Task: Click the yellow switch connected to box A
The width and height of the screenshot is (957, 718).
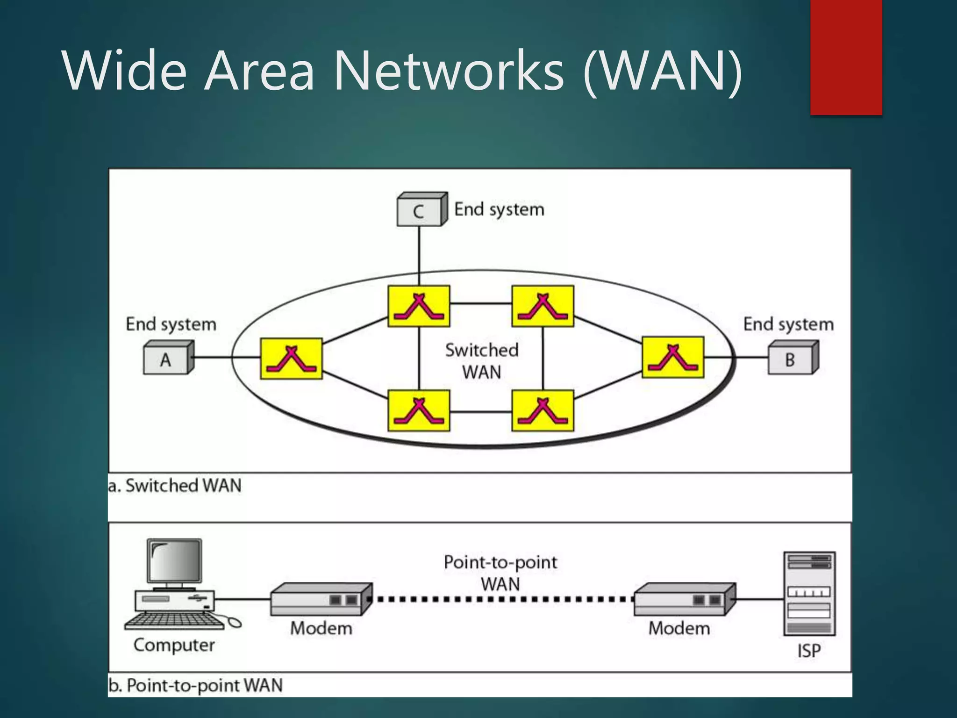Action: coord(291,359)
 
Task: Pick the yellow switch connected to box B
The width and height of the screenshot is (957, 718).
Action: coord(672,357)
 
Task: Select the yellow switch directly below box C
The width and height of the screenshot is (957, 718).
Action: coord(419,306)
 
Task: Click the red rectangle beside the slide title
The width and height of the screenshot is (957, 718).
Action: coord(846,57)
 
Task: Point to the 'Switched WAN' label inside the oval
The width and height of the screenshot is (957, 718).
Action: coord(482,361)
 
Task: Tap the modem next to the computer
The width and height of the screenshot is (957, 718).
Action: coord(321,600)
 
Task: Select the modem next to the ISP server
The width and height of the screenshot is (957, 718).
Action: coord(684,600)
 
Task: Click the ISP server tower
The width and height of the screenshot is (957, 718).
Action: coord(809,594)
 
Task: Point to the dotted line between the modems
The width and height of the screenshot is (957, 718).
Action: coord(502,599)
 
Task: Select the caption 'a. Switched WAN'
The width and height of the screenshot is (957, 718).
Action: coord(175,486)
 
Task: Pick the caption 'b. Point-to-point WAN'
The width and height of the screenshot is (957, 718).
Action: coord(195,685)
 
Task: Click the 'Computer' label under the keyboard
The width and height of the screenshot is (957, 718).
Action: coord(174,645)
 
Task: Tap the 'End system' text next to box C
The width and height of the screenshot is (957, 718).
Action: coord(499,209)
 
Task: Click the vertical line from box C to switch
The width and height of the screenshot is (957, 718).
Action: coord(419,255)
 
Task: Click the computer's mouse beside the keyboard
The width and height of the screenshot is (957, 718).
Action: coord(233,622)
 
